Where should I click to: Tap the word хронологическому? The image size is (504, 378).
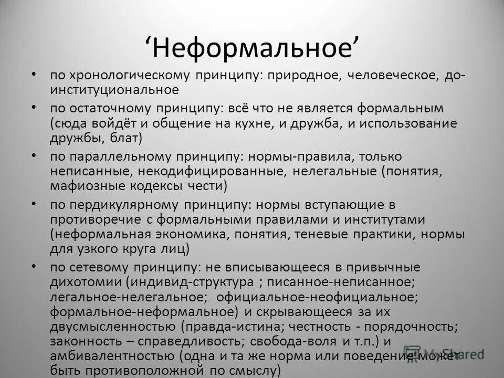[x=127, y=76]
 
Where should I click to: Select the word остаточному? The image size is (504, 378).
[x=114, y=109]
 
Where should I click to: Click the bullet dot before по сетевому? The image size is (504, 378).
[x=34, y=266]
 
